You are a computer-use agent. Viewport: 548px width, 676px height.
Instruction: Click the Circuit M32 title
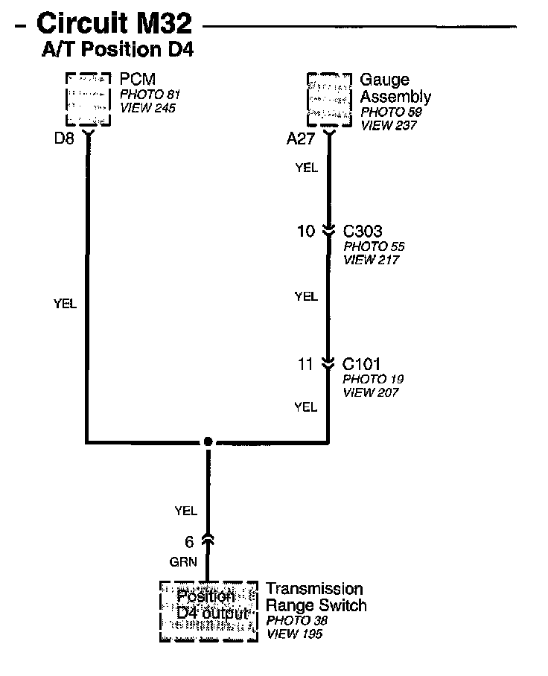113,24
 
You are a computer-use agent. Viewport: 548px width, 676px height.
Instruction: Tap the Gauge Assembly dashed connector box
329,100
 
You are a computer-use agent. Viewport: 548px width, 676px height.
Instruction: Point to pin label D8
64,138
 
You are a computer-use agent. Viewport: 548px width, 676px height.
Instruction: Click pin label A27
302,138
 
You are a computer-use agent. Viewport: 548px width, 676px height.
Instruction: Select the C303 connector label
363,232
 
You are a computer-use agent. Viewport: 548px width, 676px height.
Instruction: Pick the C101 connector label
362,364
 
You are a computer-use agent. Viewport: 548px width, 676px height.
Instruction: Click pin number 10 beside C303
306,232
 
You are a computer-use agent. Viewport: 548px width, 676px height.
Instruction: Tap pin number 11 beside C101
306,364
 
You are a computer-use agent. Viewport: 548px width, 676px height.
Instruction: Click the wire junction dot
208,441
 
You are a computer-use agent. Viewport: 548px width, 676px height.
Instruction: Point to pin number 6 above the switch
189,542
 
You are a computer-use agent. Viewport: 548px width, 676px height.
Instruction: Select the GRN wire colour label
183,563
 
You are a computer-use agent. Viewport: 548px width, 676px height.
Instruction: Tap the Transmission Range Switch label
316,596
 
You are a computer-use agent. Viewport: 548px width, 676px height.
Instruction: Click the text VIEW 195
295,634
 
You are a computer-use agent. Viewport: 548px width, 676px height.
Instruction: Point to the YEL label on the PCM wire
65,303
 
